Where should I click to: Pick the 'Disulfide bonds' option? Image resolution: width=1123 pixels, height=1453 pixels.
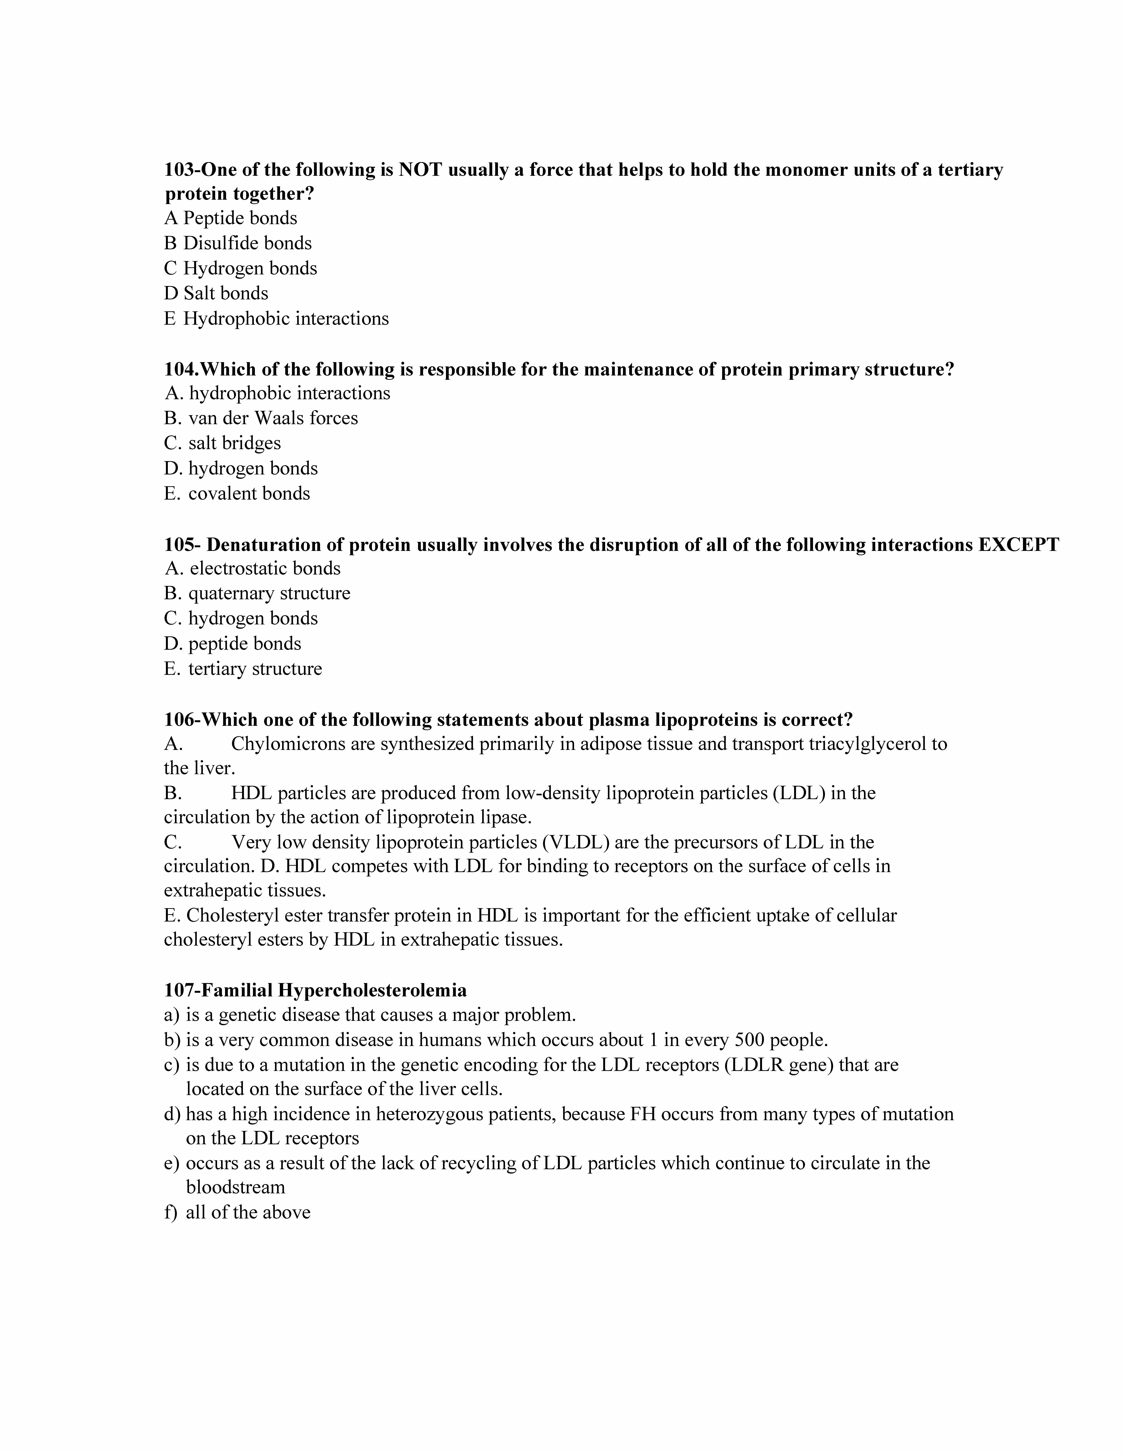click(247, 244)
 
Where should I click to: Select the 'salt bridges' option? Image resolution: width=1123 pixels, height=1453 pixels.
click(234, 443)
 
